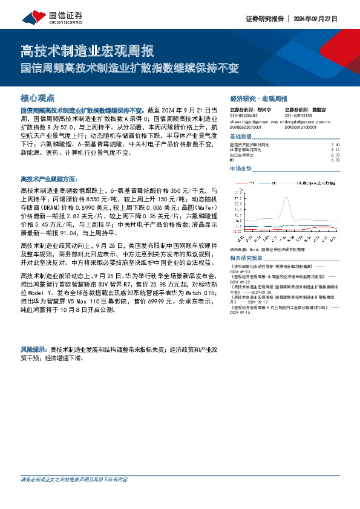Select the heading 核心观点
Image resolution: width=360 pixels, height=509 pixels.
coord(38,97)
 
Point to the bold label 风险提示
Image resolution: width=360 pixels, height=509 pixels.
coord(34,349)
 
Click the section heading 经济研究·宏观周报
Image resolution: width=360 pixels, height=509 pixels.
coord(258,98)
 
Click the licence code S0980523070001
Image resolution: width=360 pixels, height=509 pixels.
coord(248,128)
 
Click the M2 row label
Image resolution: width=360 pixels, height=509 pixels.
coord(233,160)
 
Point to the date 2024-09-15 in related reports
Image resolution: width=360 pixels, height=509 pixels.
coord(241,313)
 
